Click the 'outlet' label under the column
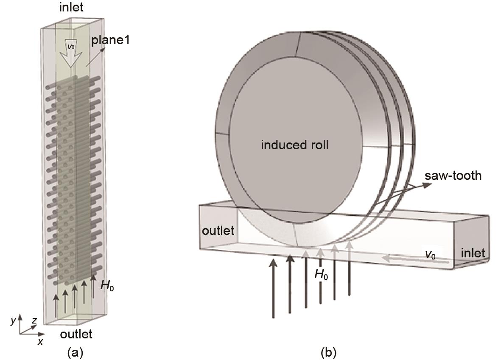76,334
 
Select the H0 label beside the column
107,285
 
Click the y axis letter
13,321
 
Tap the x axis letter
40,341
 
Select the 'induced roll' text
295,145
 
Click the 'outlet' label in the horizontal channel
218,231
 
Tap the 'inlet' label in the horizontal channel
473,253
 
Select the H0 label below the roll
321,274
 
